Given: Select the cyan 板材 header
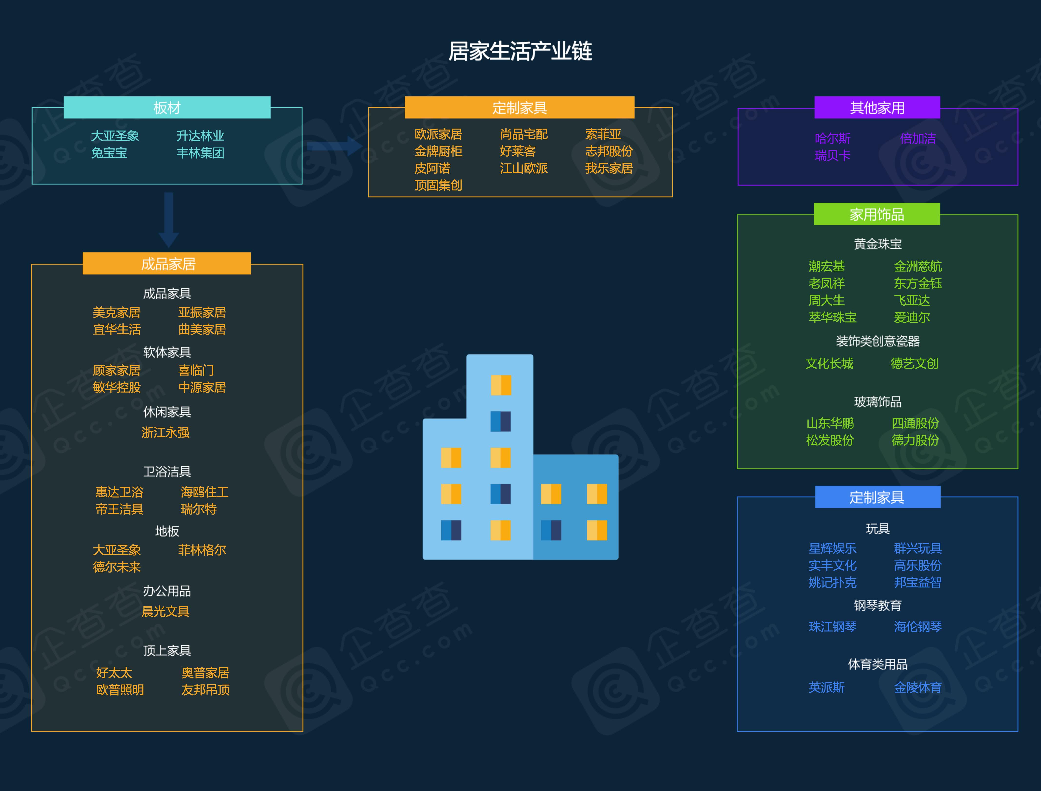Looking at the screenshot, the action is pyautogui.click(x=167, y=108).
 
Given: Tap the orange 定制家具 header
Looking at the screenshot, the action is pyautogui.click(x=519, y=108).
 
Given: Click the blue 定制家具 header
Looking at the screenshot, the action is pyautogui.click(x=877, y=497).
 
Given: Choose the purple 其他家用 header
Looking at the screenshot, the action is pyautogui.click(x=877, y=108).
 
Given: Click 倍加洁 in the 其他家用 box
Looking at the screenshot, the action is pyautogui.click(x=918, y=138).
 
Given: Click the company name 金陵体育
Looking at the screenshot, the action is pyautogui.click(x=918, y=687).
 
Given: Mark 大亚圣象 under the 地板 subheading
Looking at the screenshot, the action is pyautogui.click(x=116, y=550).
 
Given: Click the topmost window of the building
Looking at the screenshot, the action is pyautogui.click(x=501, y=385).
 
